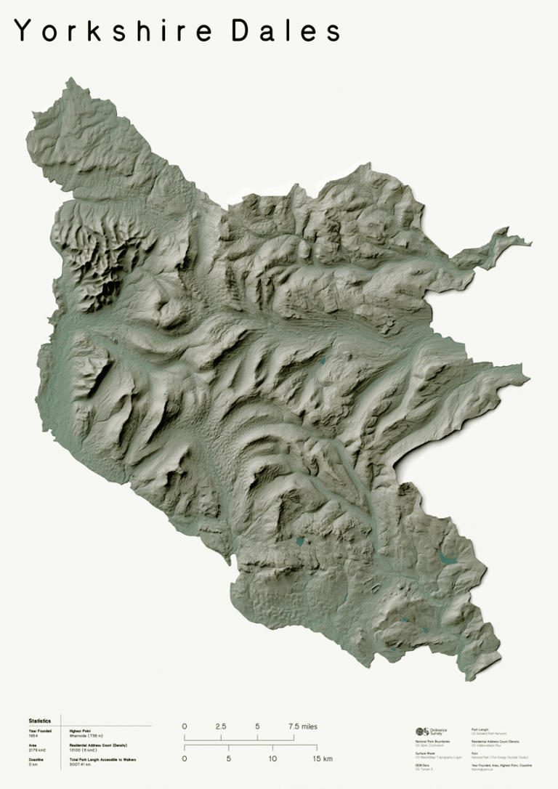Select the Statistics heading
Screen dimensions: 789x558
coord(40,721)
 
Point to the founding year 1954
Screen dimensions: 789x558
coord(33,735)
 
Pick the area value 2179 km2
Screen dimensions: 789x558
coord(37,750)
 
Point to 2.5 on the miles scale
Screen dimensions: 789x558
coord(221,727)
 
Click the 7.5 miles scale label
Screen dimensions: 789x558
coord(302,727)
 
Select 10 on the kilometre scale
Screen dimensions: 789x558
coord(272,758)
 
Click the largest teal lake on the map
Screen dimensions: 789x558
coord(446,558)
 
